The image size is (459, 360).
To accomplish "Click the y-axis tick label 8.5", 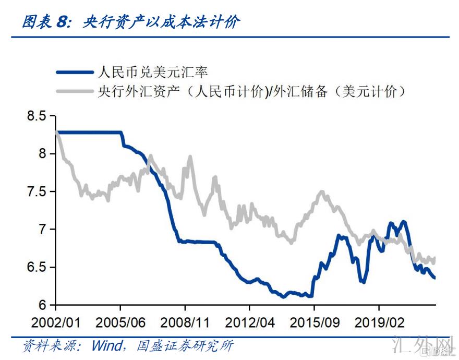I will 37,116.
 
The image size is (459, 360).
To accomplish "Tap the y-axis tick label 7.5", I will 37,191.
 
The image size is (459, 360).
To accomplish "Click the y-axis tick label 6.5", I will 37,267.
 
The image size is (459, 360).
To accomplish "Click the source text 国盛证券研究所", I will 185,346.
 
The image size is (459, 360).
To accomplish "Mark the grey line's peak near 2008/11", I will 190,156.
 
